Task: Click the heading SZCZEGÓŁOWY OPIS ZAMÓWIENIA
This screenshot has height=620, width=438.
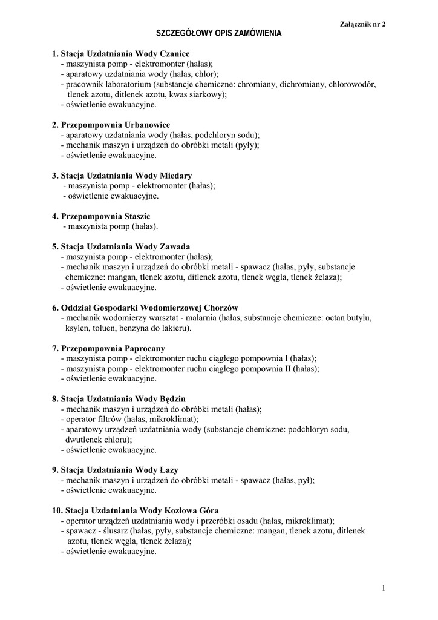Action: tap(219, 34)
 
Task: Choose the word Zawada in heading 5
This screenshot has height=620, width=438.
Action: tap(175, 246)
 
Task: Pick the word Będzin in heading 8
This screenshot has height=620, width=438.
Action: tap(172, 398)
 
